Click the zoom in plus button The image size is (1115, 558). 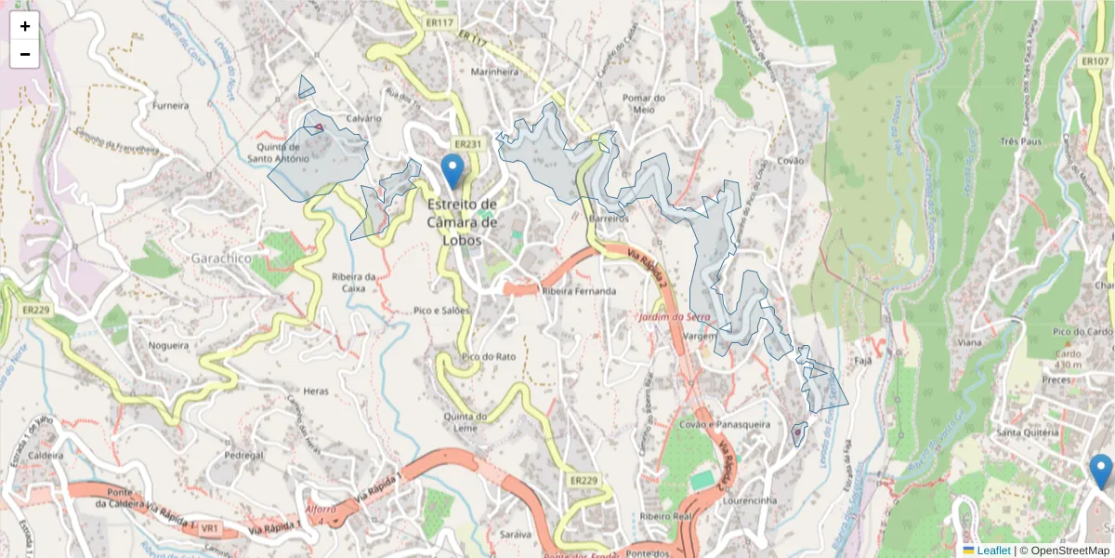pos(25,26)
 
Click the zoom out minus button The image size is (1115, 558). pos(25,54)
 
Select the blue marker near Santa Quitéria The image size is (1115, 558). pos(1101,471)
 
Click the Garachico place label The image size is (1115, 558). pos(221,258)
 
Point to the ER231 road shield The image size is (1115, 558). pos(469,144)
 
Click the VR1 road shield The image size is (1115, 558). pos(210,528)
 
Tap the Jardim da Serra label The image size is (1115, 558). pos(675,318)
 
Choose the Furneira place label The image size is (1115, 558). pos(171,106)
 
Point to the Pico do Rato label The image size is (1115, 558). pos(489,356)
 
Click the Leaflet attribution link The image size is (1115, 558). pos(992,551)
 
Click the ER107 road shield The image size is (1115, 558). pos(1095,60)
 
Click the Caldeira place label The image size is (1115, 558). pos(46,456)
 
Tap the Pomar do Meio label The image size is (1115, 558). pos(645,103)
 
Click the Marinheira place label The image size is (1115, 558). pos(494,72)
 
